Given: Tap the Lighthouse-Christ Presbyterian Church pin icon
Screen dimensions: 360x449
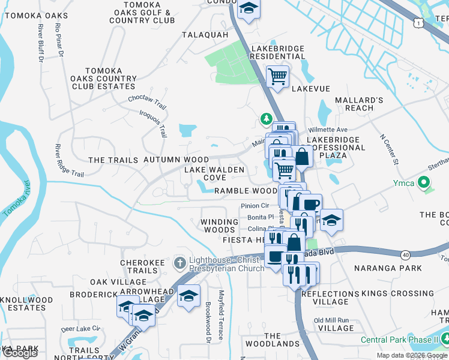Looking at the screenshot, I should tap(178, 263).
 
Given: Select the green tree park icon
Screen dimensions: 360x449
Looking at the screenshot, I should tap(266, 119).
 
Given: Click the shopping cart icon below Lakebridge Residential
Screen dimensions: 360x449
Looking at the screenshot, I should tap(277, 76).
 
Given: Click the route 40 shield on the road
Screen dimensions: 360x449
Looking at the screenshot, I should tap(406, 255).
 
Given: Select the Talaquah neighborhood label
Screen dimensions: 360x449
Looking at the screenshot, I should tap(206, 35).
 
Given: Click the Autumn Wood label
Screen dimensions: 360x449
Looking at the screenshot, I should tap(176, 160).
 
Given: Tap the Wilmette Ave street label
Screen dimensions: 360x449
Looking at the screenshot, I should tap(328, 129).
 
